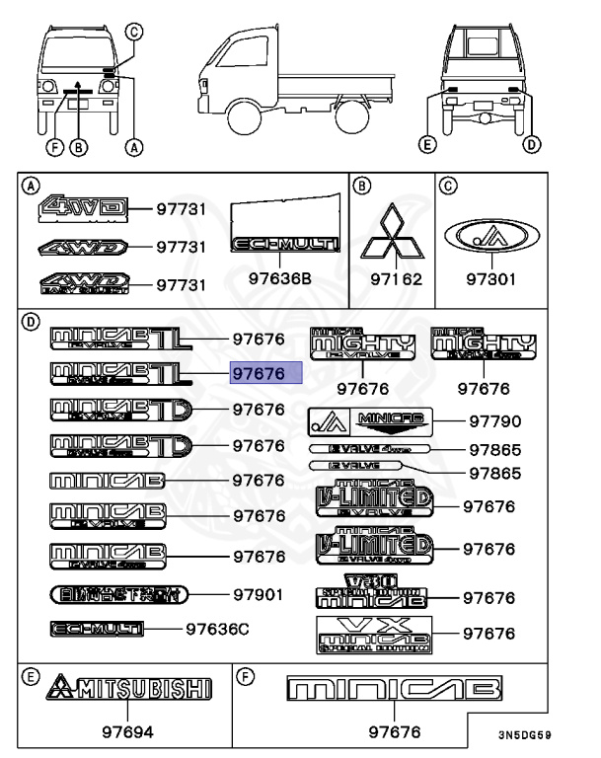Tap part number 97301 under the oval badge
(x=490, y=279)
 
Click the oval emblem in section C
(x=490, y=237)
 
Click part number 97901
(x=259, y=594)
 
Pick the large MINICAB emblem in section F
(x=393, y=689)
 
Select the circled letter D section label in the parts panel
(x=32, y=321)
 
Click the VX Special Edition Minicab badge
(x=373, y=635)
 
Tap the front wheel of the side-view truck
(x=243, y=120)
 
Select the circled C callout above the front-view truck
(x=134, y=31)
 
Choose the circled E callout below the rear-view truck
(x=425, y=145)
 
